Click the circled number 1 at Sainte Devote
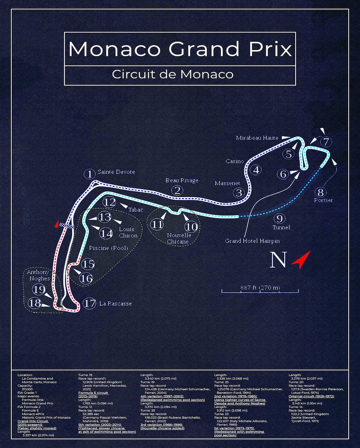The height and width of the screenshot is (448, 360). coord(90,174)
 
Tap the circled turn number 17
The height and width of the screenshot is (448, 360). coord(90,303)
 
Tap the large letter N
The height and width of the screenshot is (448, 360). coord(278,260)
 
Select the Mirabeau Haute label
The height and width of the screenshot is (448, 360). coord(258,138)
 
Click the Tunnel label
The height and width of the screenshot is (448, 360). coord(281,227)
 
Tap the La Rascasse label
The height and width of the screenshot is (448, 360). coord(115,303)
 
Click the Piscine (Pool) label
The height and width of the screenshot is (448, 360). coord(108,248)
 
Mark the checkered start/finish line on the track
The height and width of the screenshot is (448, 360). coord(68,225)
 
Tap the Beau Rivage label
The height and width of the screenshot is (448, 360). coord(182,180)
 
